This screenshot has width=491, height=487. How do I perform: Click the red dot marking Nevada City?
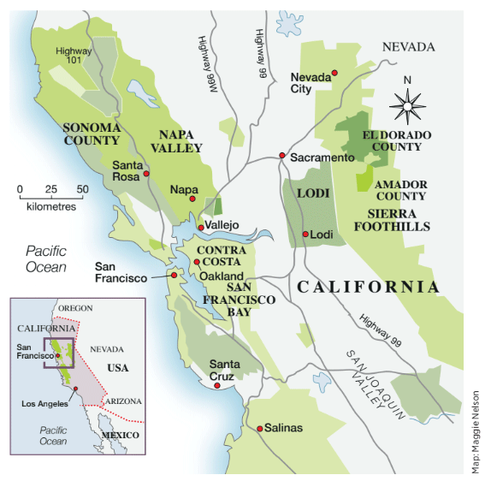(336, 73)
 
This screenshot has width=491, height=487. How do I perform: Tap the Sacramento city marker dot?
(281, 156)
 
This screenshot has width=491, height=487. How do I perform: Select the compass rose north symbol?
(407, 105)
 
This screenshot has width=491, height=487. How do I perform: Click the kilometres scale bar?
(51, 198)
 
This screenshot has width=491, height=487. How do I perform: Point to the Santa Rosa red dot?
(146, 174)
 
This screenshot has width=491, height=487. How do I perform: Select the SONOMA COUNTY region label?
(92, 135)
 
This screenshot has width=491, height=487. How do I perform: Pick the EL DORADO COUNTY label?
(397, 141)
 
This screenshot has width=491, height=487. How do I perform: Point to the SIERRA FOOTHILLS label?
(392, 220)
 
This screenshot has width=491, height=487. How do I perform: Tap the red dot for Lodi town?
(305, 235)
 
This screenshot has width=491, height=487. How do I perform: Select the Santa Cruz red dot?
(218, 386)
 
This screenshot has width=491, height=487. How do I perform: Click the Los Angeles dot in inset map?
(77, 388)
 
